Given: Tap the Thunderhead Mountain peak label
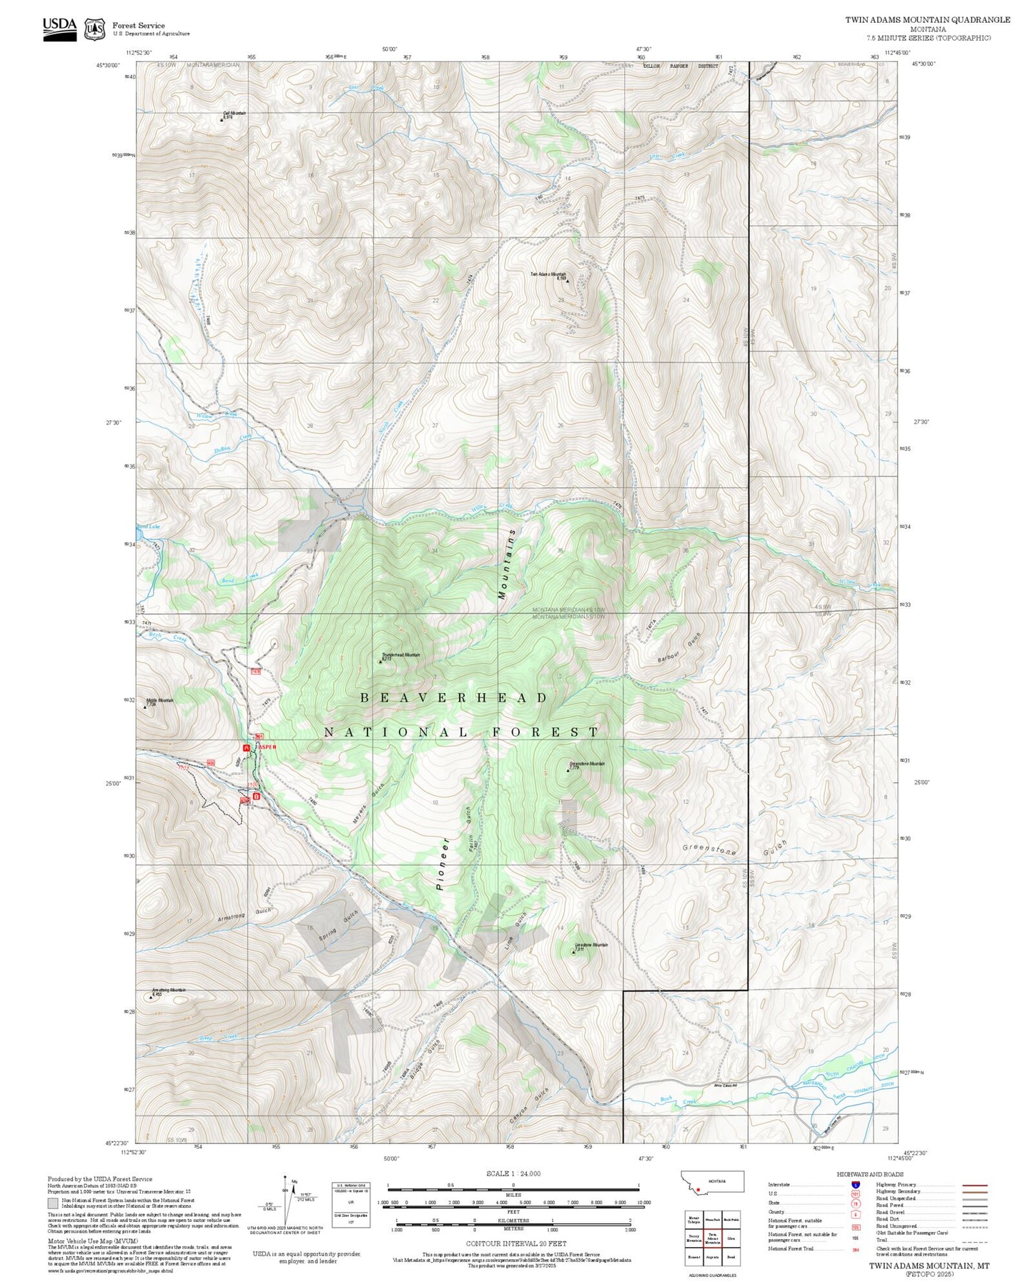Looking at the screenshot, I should [401, 655].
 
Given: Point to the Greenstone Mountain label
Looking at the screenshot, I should [587, 764].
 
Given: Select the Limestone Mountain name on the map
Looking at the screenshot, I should [591, 945].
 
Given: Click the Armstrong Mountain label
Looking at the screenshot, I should [169, 990].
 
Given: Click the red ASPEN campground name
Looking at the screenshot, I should [267, 747].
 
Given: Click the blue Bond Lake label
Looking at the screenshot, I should [149, 526].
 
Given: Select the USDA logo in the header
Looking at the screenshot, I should [59, 29].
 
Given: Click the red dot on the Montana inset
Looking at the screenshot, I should [698, 1190].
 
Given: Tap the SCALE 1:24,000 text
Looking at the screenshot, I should [513, 1173].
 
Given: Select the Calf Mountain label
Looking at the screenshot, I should [234, 114].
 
